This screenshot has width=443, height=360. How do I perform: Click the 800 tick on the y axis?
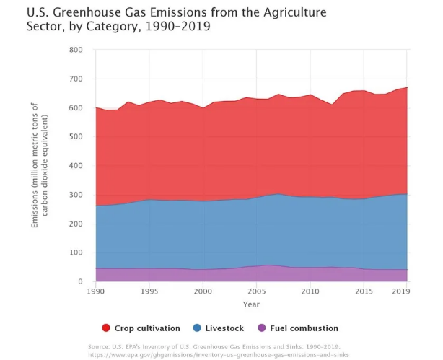tap(77, 50)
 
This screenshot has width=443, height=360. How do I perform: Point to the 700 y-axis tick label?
tap(77, 79)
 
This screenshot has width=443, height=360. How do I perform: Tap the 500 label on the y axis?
tap(77, 136)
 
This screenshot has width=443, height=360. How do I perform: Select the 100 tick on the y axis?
tap(77, 253)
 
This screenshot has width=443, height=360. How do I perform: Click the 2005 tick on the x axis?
tap(256, 291)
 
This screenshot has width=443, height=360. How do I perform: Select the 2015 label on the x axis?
tap(364, 291)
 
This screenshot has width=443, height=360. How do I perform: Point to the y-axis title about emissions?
tap(41, 166)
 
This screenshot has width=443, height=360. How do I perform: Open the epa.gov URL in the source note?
tap(219, 355)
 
